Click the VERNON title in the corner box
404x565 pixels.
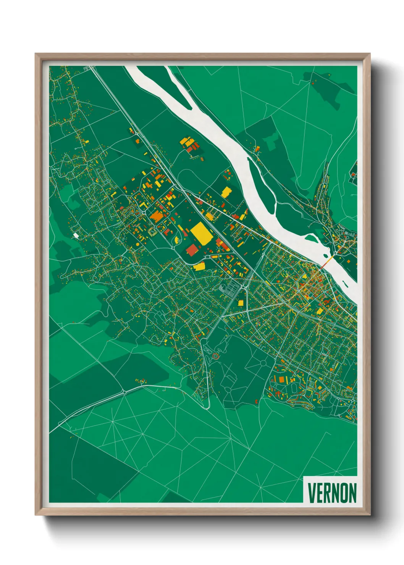(x=331, y=493)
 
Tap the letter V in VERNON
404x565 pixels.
(x=311, y=493)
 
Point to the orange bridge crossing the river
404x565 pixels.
(x=327, y=262)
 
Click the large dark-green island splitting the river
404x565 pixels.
(x=263, y=183)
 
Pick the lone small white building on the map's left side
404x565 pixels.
(x=76, y=236)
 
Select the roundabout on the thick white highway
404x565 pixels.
(x=124, y=392)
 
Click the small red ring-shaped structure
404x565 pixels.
(x=216, y=356)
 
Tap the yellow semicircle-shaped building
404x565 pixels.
(x=177, y=240)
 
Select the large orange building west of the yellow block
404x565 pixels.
(x=157, y=217)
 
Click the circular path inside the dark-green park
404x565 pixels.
(x=263, y=362)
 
